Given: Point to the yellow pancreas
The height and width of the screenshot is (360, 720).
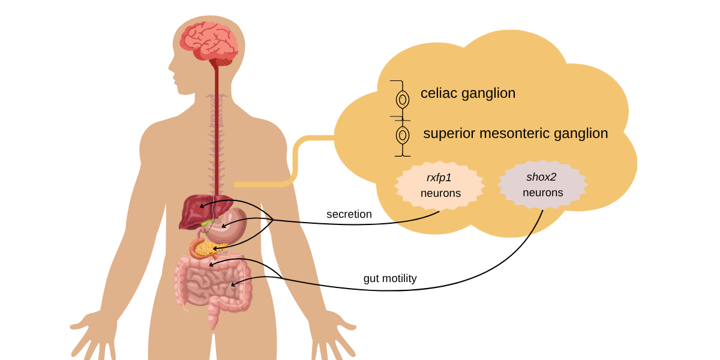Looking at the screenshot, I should click(213, 247).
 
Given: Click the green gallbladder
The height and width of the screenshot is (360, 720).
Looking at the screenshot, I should click(206, 223).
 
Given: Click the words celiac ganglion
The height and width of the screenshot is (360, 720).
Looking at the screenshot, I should click(468, 94).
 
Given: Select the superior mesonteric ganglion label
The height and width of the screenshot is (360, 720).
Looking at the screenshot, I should click(515, 133).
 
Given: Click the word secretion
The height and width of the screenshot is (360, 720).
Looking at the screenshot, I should click(349, 214).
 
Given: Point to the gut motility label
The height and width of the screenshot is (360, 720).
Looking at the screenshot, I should click(390, 278).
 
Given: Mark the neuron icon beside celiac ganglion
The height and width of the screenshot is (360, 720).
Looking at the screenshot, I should click(403, 98).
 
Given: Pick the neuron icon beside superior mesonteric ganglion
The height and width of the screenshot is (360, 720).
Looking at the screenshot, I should click(403, 135).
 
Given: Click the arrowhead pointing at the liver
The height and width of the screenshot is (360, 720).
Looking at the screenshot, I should click(202, 206).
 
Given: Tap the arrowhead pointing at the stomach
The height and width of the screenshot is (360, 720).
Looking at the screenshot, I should click(224, 226).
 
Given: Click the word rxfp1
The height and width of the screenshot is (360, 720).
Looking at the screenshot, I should click(440, 178).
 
